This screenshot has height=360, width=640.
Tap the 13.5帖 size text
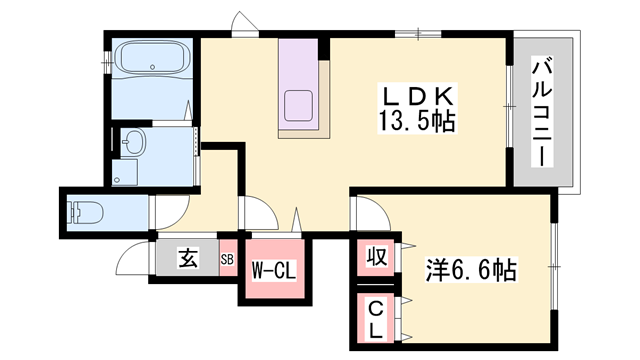click(418, 124)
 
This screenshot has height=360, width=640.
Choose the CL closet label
click(375, 317)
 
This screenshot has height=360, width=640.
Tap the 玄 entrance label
click(187, 259)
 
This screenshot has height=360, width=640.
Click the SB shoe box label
click(227, 260)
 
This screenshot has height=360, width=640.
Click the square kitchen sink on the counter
click(299, 103)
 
